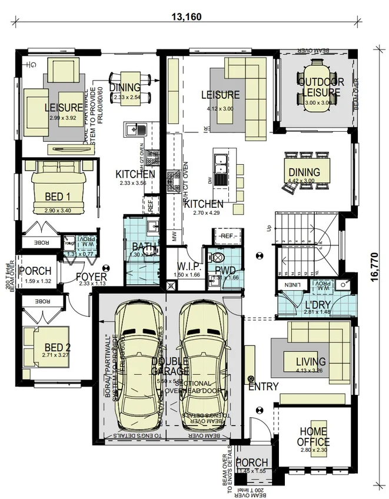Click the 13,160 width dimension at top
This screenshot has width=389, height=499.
pyautogui.click(x=185, y=16)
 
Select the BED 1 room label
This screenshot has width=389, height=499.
pyautogui.click(x=58, y=196)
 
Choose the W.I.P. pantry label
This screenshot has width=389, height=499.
pyautogui.click(x=189, y=267)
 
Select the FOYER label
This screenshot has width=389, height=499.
pyautogui.click(x=91, y=277)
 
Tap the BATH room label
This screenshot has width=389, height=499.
pyautogui.click(x=144, y=247)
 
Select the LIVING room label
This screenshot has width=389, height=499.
pyautogui.click(x=311, y=361)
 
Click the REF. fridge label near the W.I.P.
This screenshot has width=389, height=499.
pyautogui.click(x=226, y=235)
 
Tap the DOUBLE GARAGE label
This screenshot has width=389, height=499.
pyautogui.click(x=170, y=365)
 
